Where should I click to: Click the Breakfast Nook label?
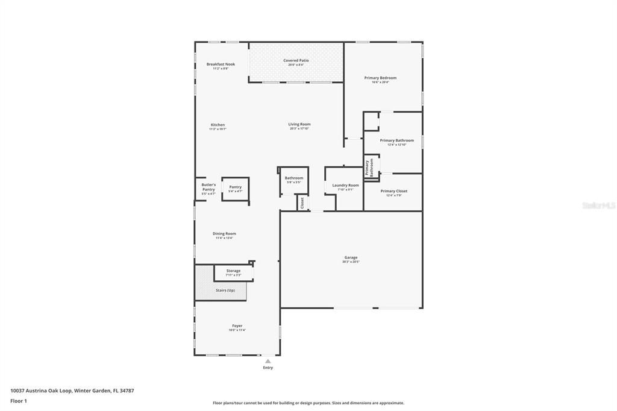221,64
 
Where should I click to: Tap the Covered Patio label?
296,60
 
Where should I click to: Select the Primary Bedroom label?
380,78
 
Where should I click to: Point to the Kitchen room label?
218,125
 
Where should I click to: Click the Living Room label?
299,124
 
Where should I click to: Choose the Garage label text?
351,257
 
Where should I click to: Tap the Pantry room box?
235,189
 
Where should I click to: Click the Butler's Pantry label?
208,187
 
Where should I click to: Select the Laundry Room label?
345,185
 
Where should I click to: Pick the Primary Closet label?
394,191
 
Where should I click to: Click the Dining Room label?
224,233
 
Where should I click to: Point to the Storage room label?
233,271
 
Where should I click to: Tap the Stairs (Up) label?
225,290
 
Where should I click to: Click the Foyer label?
237,325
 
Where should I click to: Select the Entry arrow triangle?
268,362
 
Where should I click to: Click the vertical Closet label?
302,203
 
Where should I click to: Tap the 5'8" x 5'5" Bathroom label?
294,178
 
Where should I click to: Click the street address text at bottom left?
72,391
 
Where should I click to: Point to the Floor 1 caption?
19,401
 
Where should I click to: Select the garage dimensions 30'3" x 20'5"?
351,262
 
